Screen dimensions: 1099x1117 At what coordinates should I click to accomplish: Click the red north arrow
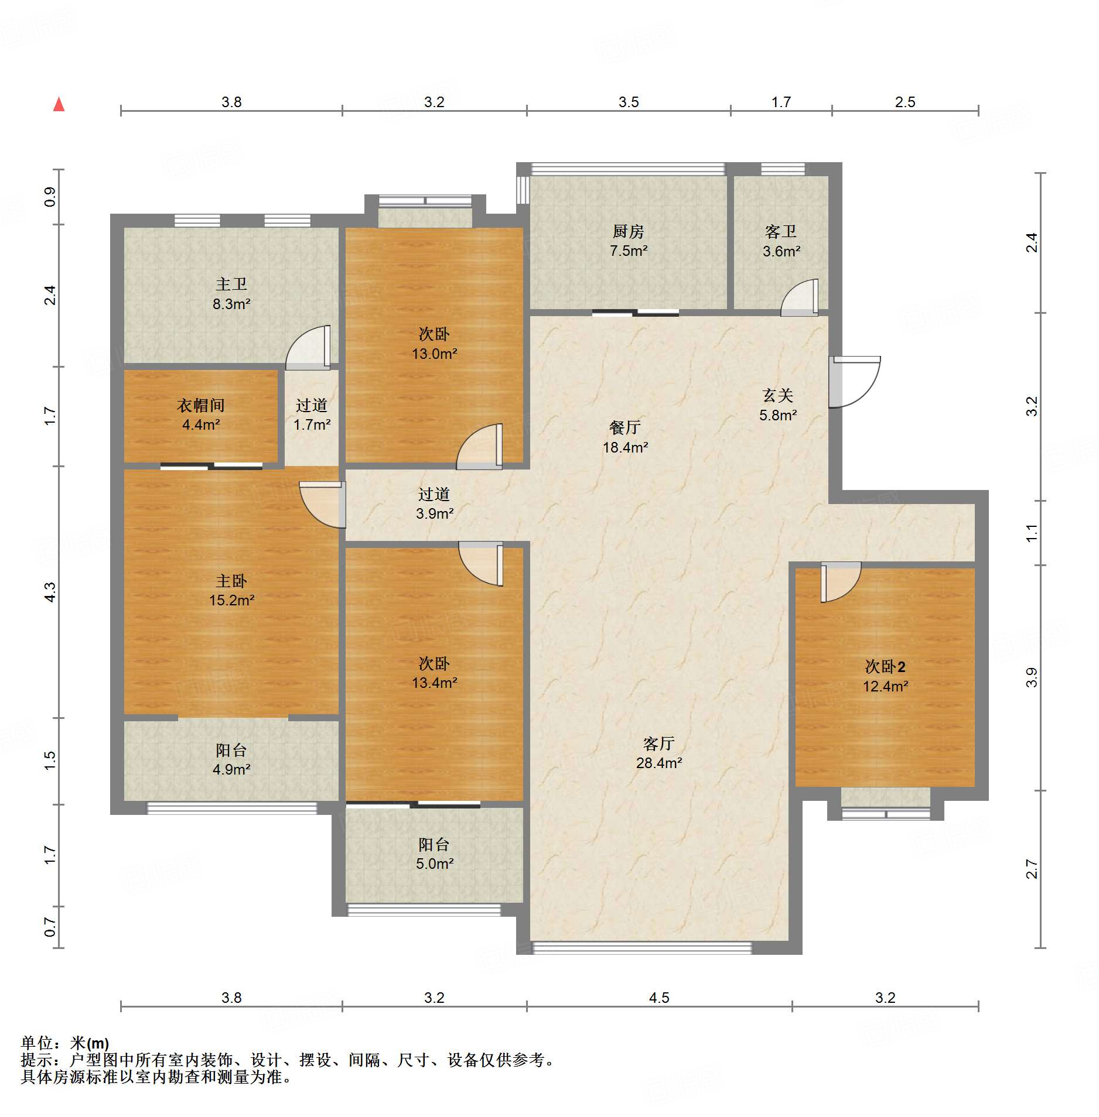59,104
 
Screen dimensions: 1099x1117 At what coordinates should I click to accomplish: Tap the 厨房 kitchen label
628,232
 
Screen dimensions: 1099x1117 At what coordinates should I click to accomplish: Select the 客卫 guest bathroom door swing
799,297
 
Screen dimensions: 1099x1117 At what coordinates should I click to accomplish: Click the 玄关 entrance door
854,382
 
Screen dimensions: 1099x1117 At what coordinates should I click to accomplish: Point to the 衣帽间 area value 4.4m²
201,424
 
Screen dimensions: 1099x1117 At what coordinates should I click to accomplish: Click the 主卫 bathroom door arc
308,348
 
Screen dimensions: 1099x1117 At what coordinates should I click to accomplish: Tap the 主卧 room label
231,581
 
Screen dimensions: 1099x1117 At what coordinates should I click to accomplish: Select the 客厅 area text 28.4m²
659,763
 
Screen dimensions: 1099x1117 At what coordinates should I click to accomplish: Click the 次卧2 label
885,667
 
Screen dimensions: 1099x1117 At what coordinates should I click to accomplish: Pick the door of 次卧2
841,582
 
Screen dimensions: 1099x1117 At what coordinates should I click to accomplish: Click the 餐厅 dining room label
625,428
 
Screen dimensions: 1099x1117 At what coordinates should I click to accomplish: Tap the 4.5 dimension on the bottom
659,998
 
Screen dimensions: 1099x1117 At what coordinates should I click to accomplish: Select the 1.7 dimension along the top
781,102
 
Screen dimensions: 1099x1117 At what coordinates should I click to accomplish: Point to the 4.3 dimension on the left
50,592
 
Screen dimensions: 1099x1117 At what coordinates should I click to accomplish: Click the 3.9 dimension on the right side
1032,677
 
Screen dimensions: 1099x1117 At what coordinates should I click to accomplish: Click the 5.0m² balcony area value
435,864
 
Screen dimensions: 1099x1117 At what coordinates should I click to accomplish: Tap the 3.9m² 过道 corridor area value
435,513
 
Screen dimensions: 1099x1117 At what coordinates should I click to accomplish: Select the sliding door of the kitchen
636,313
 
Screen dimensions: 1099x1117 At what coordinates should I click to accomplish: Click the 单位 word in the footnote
37,1043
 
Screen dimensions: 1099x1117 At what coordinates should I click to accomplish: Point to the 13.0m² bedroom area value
435,354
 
